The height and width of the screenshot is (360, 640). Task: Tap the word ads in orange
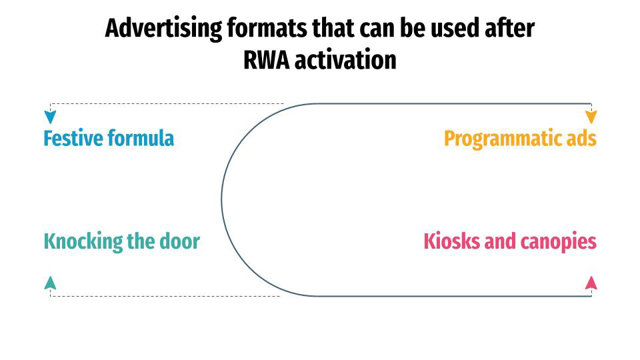coord(580,139)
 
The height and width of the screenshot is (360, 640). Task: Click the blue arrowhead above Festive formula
coord(50,117)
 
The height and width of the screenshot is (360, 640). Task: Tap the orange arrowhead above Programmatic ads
coord(591,117)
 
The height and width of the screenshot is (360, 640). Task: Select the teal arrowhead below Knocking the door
coord(50,283)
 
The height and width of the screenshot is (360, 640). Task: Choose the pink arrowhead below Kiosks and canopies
coord(591,283)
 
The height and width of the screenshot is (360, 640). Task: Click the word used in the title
coord(459,29)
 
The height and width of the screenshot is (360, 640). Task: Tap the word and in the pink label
coord(497,241)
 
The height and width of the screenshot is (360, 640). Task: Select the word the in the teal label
coord(141,241)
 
